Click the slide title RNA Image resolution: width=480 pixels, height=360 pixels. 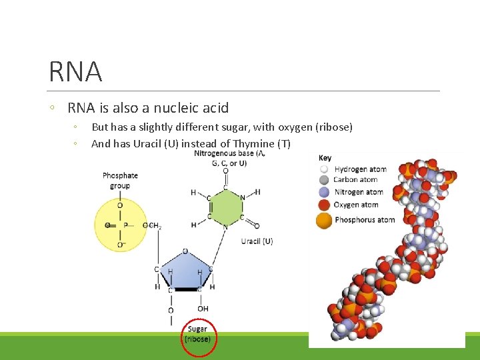pos(75,72)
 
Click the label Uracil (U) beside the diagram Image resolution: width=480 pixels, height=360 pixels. pos(257,241)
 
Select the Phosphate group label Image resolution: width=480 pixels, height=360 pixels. pos(120,181)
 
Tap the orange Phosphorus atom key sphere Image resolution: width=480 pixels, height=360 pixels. pos(325,220)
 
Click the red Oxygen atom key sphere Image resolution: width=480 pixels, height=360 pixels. pos(325,205)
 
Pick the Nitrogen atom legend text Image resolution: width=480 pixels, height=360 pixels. pos(359,192)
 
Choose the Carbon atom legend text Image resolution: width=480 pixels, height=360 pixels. pos(356,179)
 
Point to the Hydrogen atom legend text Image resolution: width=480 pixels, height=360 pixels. pos(360,169)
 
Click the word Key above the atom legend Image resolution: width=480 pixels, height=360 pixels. pos(325,158)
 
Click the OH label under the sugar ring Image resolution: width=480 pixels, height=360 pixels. pos(203,309)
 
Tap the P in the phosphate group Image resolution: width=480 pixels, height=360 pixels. pos(125,225)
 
